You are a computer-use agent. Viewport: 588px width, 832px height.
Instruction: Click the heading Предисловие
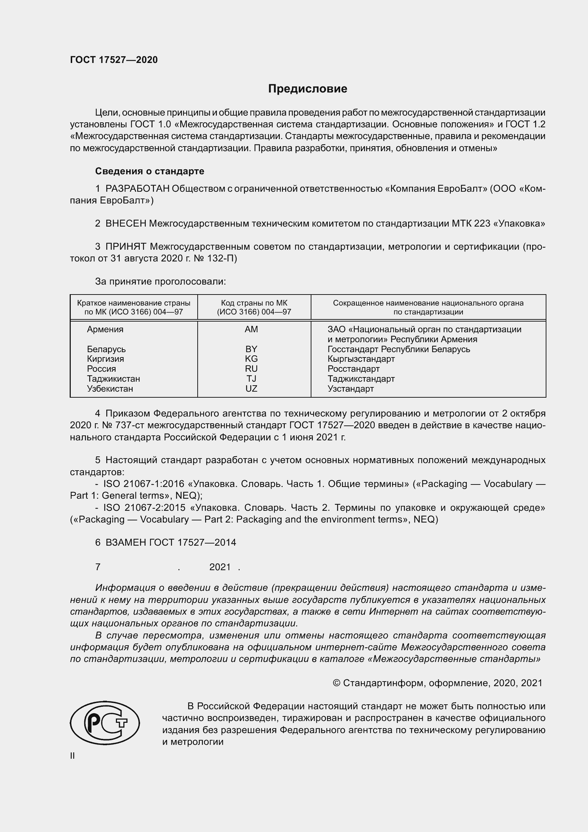pyautogui.click(x=308, y=89)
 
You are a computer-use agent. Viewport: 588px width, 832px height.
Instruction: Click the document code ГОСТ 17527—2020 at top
pyautogui.click(x=114, y=60)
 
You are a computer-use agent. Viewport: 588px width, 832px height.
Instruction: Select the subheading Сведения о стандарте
pyautogui.click(x=150, y=171)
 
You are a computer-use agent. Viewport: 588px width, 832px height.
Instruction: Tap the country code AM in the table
pyautogui.click(x=251, y=329)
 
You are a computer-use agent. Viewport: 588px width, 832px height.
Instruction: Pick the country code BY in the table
pyautogui.click(x=251, y=349)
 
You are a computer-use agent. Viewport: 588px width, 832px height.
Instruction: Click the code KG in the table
pyautogui.click(x=251, y=359)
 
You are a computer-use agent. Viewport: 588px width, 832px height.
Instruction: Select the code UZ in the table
pyautogui.click(x=251, y=388)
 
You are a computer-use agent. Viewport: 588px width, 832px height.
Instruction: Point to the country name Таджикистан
pyautogui.click(x=113, y=379)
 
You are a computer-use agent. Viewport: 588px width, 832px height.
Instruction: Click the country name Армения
pyautogui.click(x=105, y=329)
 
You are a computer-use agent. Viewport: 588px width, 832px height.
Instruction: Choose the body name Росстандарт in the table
pyautogui.click(x=353, y=369)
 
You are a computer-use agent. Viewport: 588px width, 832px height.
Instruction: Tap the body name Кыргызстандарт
pyautogui.click(x=361, y=359)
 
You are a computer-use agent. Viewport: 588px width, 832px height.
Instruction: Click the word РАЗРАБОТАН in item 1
pyautogui.click(x=137, y=189)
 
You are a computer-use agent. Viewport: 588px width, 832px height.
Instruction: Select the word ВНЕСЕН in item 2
pyautogui.click(x=125, y=224)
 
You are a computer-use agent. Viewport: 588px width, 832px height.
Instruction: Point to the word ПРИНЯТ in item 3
pyautogui.click(x=125, y=247)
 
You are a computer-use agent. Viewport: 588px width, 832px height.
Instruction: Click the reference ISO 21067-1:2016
pyautogui.click(x=144, y=484)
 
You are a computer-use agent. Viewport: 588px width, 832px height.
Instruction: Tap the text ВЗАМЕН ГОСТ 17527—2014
pyautogui.click(x=171, y=542)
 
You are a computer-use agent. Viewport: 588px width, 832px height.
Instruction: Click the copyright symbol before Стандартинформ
pyautogui.click(x=336, y=683)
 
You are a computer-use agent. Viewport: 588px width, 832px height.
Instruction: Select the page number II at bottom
pyautogui.click(x=73, y=756)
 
